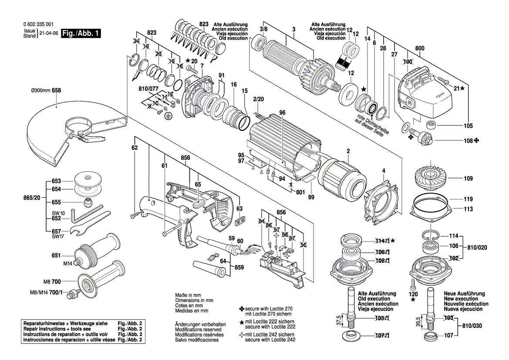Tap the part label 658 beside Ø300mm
click(x=56, y=91)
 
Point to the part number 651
click(x=56, y=255)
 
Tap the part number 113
click(x=468, y=209)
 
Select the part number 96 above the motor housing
click(x=282, y=113)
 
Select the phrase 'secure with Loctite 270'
click(x=269, y=309)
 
